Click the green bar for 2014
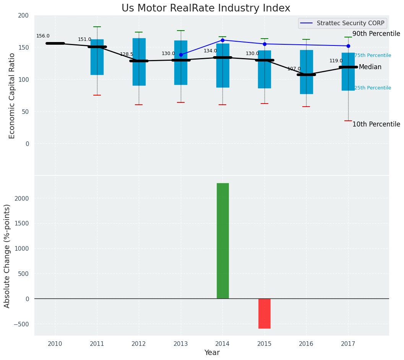(x=222, y=241)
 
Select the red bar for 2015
(x=264, y=313)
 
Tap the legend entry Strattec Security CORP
(x=350, y=23)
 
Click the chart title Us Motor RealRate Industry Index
(x=206, y=8)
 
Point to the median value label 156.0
(x=43, y=36)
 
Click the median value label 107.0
(x=294, y=69)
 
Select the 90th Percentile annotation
(x=376, y=34)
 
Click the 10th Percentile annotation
(x=376, y=125)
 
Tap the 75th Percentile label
(x=373, y=55)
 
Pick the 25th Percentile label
(x=373, y=88)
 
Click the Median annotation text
(x=370, y=67)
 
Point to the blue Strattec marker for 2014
(x=222, y=40)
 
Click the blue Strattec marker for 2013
(x=181, y=55)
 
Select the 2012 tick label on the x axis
(x=139, y=344)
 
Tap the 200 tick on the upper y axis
(x=23, y=15)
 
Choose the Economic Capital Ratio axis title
(x=12, y=96)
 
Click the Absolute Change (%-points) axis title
(x=7, y=256)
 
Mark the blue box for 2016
(x=306, y=72)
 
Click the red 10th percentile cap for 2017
(x=348, y=121)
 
